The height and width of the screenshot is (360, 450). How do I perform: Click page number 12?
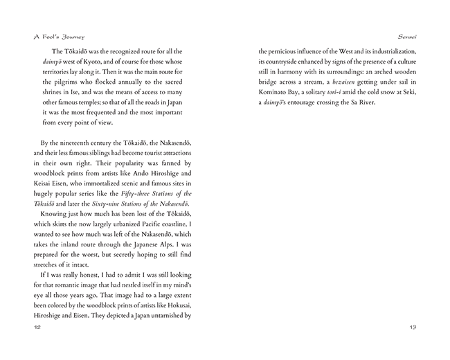click(26, 326)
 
